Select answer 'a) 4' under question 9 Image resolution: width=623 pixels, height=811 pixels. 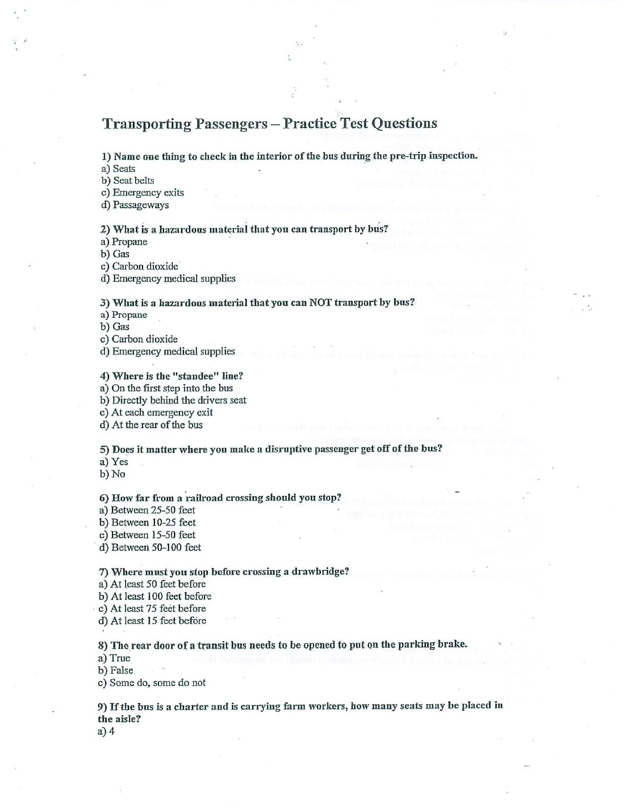click(x=106, y=732)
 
